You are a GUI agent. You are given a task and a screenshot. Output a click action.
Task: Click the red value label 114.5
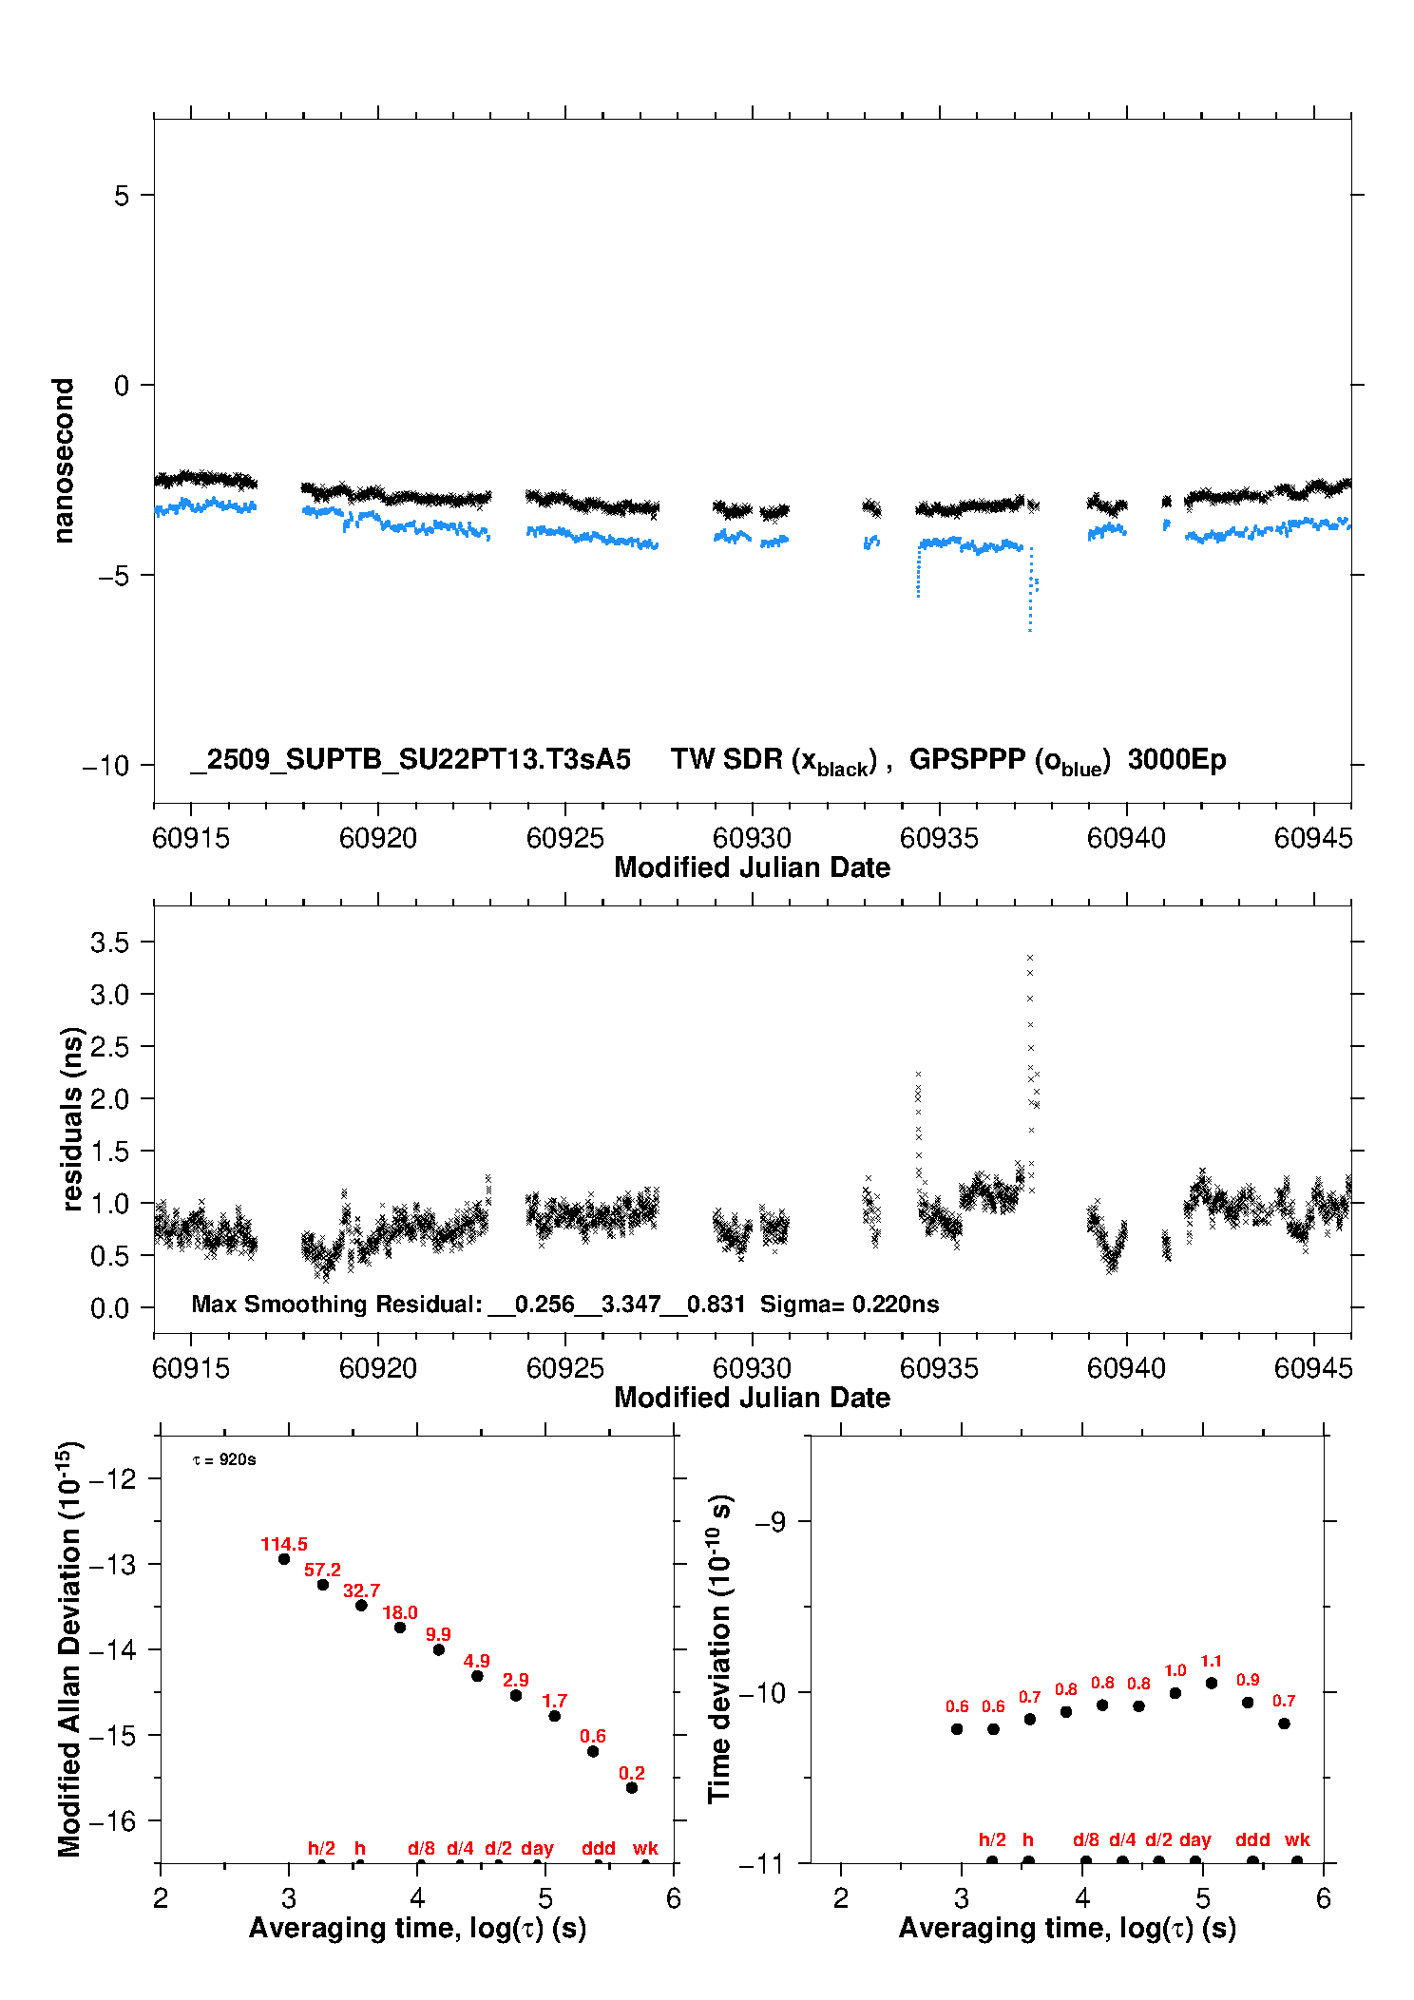click(283, 1545)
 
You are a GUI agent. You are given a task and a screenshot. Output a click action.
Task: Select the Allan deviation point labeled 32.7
click(361, 1606)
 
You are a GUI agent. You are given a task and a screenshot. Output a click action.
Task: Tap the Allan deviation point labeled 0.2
click(632, 1788)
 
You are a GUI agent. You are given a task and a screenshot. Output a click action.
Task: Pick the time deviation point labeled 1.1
click(1212, 1683)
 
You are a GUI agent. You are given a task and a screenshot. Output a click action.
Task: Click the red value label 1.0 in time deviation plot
click(1175, 1670)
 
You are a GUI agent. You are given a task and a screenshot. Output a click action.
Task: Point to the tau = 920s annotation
click(224, 1459)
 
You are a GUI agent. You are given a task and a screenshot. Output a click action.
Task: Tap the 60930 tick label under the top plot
click(752, 838)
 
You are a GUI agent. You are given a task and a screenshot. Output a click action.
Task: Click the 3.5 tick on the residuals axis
click(109, 943)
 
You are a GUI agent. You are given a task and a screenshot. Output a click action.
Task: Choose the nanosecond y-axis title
click(63, 461)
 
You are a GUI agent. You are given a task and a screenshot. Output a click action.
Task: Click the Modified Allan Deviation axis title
click(70, 1649)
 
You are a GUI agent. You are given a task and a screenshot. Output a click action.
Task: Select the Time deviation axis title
click(720, 1649)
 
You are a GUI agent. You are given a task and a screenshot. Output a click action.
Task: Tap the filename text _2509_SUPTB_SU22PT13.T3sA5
click(411, 760)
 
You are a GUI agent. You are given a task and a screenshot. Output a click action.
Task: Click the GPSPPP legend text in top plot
click(1009, 761)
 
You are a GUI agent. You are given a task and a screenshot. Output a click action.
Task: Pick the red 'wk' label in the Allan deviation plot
click(645, 1848)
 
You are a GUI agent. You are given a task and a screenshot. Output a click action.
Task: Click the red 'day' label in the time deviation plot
click(1195, 1839)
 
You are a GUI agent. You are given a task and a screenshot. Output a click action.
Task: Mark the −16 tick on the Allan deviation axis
click(113, 1821)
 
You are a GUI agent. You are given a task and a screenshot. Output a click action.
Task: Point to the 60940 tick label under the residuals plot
click(1126, 1368)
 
